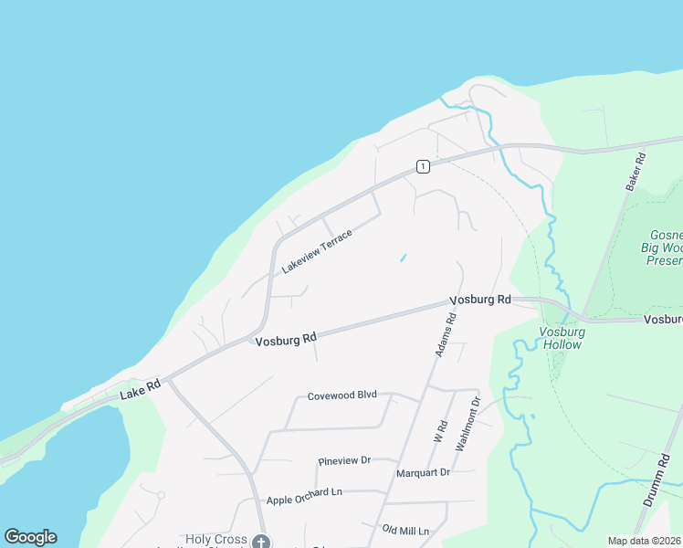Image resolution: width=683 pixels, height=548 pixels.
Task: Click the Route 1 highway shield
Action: (x=422, y=166)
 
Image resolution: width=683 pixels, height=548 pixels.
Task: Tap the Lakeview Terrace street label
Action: (x=317, y=251)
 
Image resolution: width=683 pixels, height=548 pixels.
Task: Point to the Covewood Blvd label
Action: (x=341, y=395)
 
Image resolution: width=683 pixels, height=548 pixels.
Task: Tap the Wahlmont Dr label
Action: (x=467, y=423)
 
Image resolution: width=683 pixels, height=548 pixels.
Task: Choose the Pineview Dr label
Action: (x=343, y=461)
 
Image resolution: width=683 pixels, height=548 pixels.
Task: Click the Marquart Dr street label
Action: (x=424, y=472)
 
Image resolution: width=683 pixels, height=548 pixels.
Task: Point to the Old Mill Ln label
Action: (x=405, y=530)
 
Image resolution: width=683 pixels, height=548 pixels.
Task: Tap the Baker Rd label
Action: (x=636, y=171)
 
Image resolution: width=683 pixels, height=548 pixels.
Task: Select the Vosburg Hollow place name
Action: (x=562, y=339)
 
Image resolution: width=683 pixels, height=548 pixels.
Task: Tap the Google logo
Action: (x=30, y=537)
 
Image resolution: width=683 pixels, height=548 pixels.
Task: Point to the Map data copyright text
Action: (x=644, y=541)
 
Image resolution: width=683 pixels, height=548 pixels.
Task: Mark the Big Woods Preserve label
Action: (x=661, y=247)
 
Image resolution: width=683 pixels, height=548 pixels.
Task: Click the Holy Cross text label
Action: (x=216, y=540)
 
